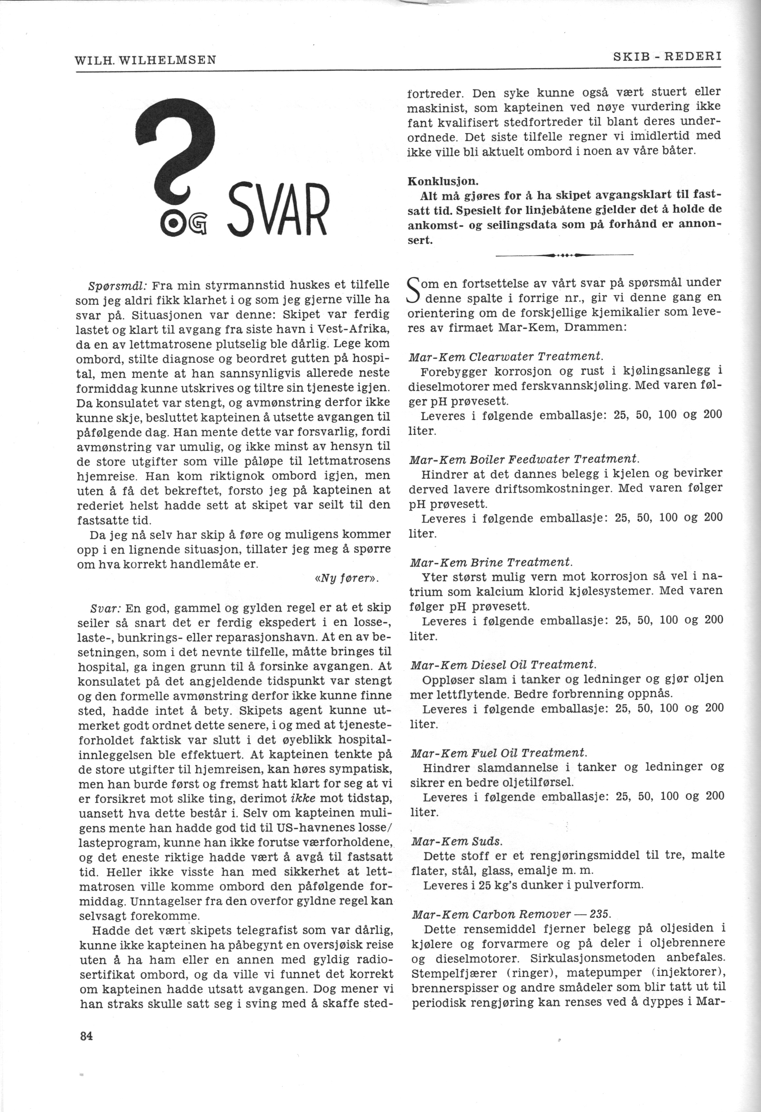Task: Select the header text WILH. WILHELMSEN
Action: (x=146, y=60)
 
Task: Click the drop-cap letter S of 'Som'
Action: (x=413, y=290)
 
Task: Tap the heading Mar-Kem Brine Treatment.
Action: (x=491, y=562)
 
